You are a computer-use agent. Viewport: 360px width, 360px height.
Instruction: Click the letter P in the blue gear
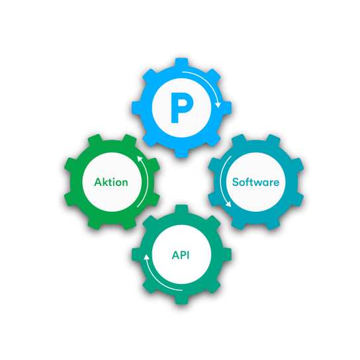tap(181, 107)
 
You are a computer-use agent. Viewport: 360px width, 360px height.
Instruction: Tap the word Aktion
tap(111, 182)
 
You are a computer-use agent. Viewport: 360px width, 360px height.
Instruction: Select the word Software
tap(255, 182)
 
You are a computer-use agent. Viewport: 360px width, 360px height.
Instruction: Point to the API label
tap(181, 255)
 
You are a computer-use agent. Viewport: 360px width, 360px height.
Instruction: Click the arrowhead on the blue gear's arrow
tap(218, 105)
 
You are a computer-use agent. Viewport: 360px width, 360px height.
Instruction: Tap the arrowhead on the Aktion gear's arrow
tap(140, 159)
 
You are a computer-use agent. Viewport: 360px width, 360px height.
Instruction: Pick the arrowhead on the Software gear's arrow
tap(228, 204)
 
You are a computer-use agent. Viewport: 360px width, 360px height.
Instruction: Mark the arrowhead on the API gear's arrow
tap(146, 257)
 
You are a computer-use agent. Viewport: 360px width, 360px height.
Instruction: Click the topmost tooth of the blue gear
tap(181, 63)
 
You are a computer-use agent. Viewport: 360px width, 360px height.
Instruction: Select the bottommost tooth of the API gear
tap(181, 300)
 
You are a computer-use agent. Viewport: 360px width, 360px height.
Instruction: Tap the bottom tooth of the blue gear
tap(181, 152)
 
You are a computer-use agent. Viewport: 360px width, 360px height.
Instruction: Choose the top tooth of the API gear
tap(181, 210)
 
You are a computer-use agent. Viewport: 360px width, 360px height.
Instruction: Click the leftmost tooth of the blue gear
tap(136, 108)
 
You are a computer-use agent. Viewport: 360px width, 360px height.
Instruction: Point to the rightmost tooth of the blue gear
tap(226, 108)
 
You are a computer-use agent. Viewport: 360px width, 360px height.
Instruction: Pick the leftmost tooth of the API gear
tap(136, 255)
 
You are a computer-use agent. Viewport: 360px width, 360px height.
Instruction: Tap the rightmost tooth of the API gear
tap(226, 255)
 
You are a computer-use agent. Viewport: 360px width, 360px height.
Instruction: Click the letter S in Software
tap(235, 182)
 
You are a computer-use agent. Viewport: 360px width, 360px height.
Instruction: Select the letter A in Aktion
tap(98, 182)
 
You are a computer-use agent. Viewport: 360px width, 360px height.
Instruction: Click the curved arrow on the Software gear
tap(221, 181)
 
